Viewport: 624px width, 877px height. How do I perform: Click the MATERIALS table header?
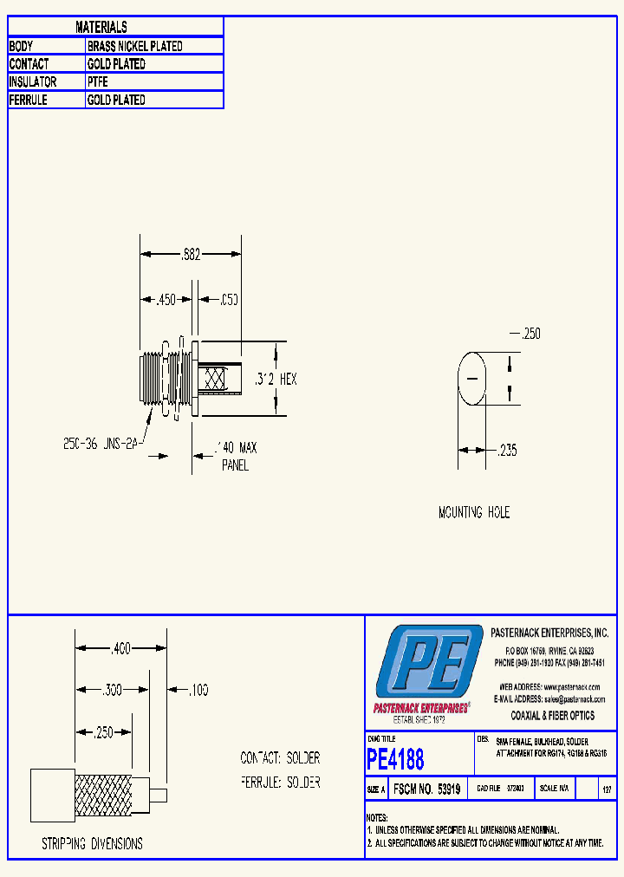tap(101, 28)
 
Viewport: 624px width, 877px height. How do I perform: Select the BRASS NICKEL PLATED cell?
tap(134, 46)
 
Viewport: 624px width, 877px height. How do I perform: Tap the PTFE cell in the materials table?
tap(97, 81)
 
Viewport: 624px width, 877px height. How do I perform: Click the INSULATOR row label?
tap(33, 81)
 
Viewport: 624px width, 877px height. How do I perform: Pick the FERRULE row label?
tap(29, 100)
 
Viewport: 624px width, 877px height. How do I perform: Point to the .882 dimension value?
tap(191, 255)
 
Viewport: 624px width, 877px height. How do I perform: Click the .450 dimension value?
tap(165, 299)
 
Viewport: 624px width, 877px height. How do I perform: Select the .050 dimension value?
tap(229, 299)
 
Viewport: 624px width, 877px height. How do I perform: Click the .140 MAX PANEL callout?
tap(235, 456)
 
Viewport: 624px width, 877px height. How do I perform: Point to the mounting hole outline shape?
tap(472, 379)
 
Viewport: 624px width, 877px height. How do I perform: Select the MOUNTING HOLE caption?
tap(473, 513)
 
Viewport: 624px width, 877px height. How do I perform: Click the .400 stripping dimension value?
tap(120, 647)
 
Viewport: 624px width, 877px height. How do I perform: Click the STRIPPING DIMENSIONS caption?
tap(92, 843)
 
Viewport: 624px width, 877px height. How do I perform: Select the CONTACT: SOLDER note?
tap(280, 758)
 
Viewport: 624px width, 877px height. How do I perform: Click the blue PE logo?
tap(428, 666)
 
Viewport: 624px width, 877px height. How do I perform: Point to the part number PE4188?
tap(396, 760)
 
